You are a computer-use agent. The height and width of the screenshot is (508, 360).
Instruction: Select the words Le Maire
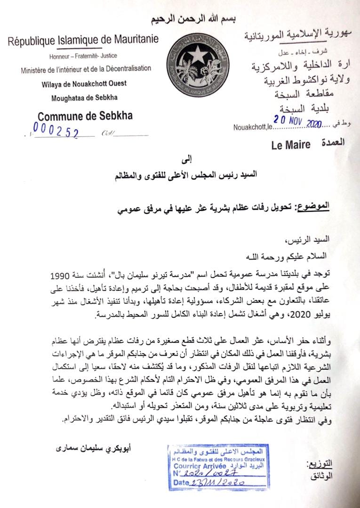(291, 145)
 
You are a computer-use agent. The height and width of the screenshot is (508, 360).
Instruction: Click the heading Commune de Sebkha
(85, 116)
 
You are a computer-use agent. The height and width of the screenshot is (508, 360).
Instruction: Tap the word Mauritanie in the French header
(132, 40)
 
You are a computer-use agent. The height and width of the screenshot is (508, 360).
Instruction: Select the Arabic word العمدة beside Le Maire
(331, 142)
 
